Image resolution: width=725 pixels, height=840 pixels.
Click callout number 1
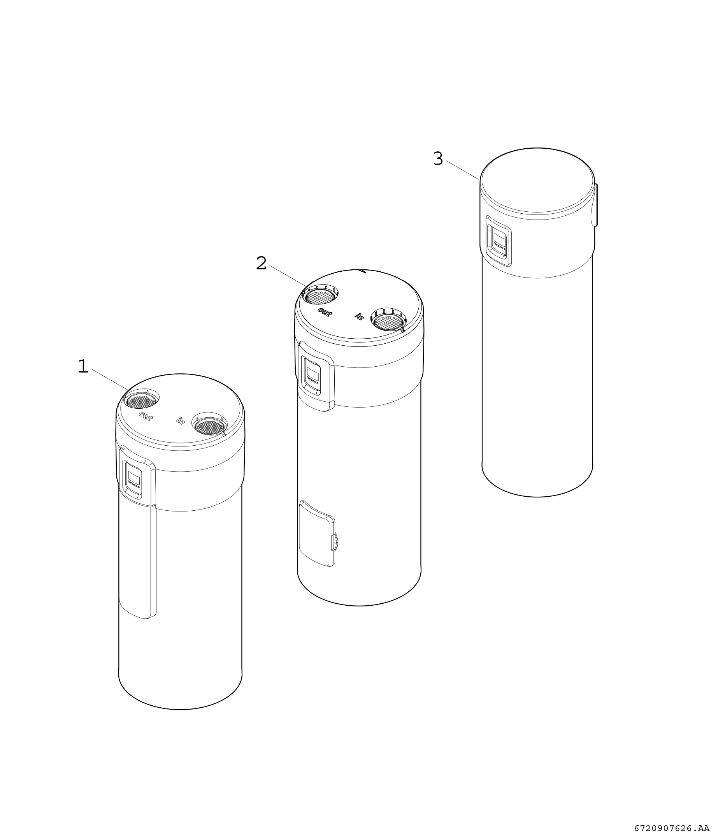point(83,367)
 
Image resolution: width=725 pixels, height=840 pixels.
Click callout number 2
point(262,264)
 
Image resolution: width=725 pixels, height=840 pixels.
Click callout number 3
point(438,158)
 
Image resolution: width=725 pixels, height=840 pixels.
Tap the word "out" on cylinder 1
point(146,416)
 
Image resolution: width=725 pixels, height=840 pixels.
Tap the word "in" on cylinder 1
point(180,420)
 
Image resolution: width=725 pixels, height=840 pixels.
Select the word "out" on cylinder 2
point(325,312)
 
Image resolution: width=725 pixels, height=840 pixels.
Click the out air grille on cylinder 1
point(141,402)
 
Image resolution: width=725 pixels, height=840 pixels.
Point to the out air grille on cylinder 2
point(321,297)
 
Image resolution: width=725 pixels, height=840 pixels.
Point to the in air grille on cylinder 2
point(389,322)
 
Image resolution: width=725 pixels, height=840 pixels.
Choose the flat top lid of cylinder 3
point(537,180)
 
